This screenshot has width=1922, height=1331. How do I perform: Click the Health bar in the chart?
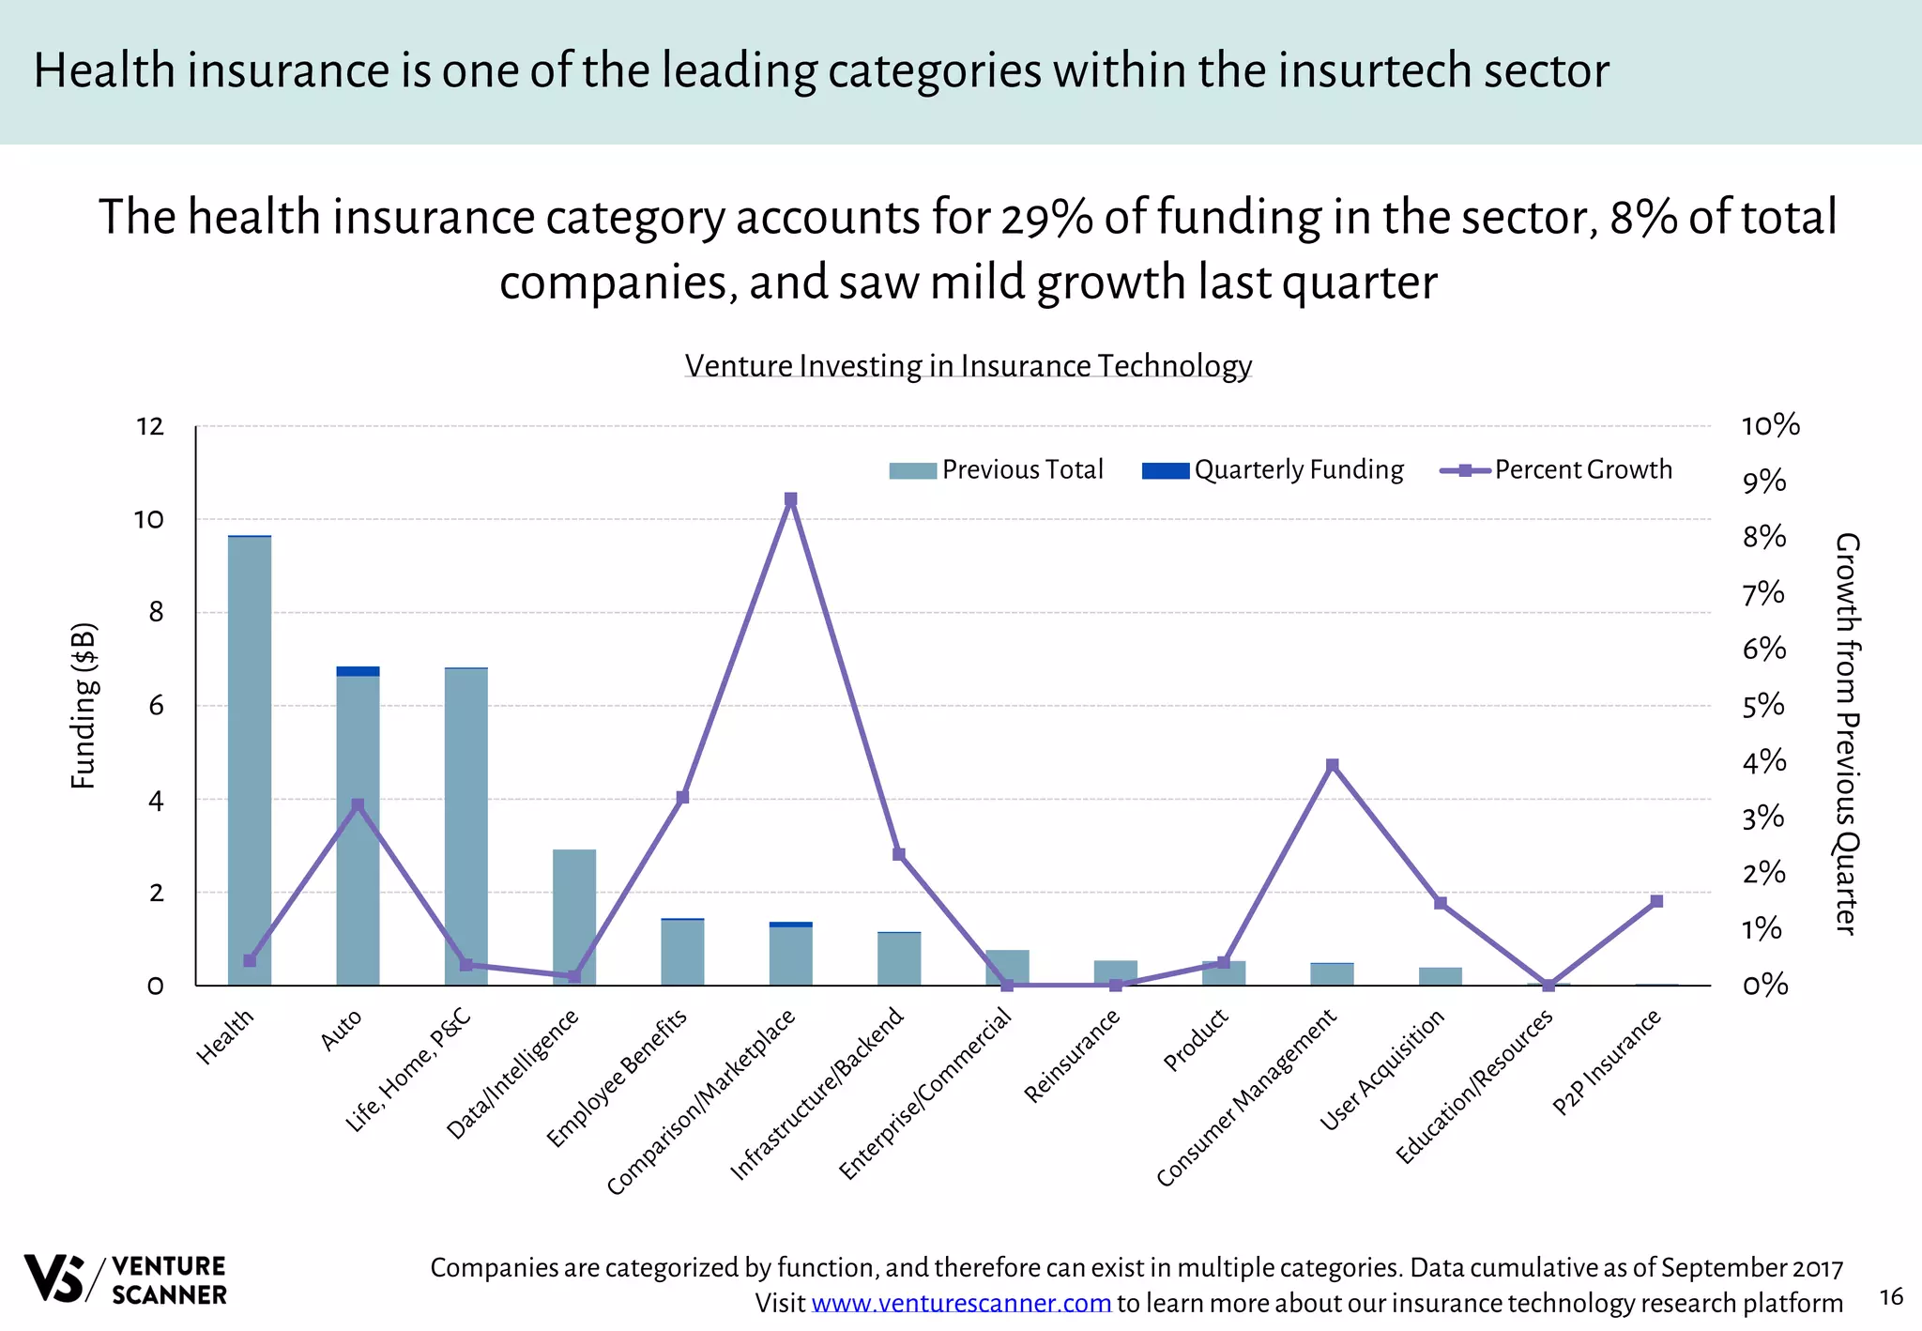click(250, 760)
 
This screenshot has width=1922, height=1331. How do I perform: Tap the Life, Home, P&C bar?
click(466, 826)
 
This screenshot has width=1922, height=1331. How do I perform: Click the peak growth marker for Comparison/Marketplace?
click(790, 499)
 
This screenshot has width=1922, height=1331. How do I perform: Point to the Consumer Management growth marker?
click(1332, 765)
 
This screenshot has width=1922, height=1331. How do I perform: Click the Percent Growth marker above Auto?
click(358, 805)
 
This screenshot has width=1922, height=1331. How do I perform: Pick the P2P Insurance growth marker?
click(1656, 901)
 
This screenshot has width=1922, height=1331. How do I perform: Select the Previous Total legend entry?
click(997, 470)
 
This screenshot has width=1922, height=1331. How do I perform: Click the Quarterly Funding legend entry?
click(1273, 470)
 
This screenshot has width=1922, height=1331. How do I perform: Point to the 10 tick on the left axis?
click(148, 519)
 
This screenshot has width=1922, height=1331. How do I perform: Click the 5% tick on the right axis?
click(1763, 705)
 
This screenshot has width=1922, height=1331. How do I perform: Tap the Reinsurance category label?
click(1072, 1057)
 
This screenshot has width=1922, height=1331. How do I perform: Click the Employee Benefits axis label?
click(618, 1078)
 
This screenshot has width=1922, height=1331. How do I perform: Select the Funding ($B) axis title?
click(84, 705)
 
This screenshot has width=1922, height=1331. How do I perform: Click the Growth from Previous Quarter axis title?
click(1845, 733)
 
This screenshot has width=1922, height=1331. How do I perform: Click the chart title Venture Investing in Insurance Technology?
click(968, 365)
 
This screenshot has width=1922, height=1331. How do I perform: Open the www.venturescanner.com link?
click(960, 1303)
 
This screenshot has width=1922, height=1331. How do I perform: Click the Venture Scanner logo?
click(125, 1279)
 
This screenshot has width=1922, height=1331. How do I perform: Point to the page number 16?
click(1891, 1296)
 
